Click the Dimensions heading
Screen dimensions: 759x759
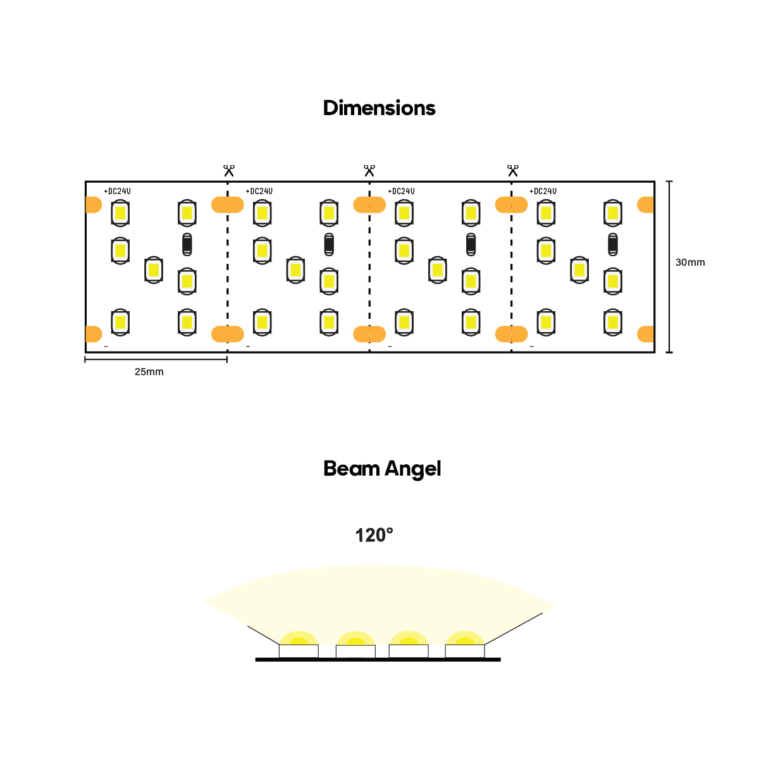click(x=379, y=108)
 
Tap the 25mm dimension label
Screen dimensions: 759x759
click(x=149, y=372)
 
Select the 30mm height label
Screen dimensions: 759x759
click(x=689, y=262)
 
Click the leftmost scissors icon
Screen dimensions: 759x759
click(x=229, y=171)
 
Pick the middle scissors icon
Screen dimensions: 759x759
click(x=369, y=171)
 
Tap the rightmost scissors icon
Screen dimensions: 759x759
click(x=512, y=171)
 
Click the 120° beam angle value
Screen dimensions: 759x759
click(x=374, y=536)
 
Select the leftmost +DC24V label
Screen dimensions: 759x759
click(x=117, y=191)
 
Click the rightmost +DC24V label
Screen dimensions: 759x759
click(x=543, y=191)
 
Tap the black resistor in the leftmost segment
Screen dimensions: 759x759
click(x=187, y=244)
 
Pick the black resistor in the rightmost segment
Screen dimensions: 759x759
click(x=612, y=244)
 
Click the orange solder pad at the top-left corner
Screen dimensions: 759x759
click(x=93, y=205)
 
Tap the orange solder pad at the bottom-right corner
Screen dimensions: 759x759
click(x=646, y=333)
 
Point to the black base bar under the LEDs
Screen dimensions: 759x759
click(x=378, y=660)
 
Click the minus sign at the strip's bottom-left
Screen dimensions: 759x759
click(x=106, y=347)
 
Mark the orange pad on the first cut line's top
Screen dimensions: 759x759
click(x=227, y=205)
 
